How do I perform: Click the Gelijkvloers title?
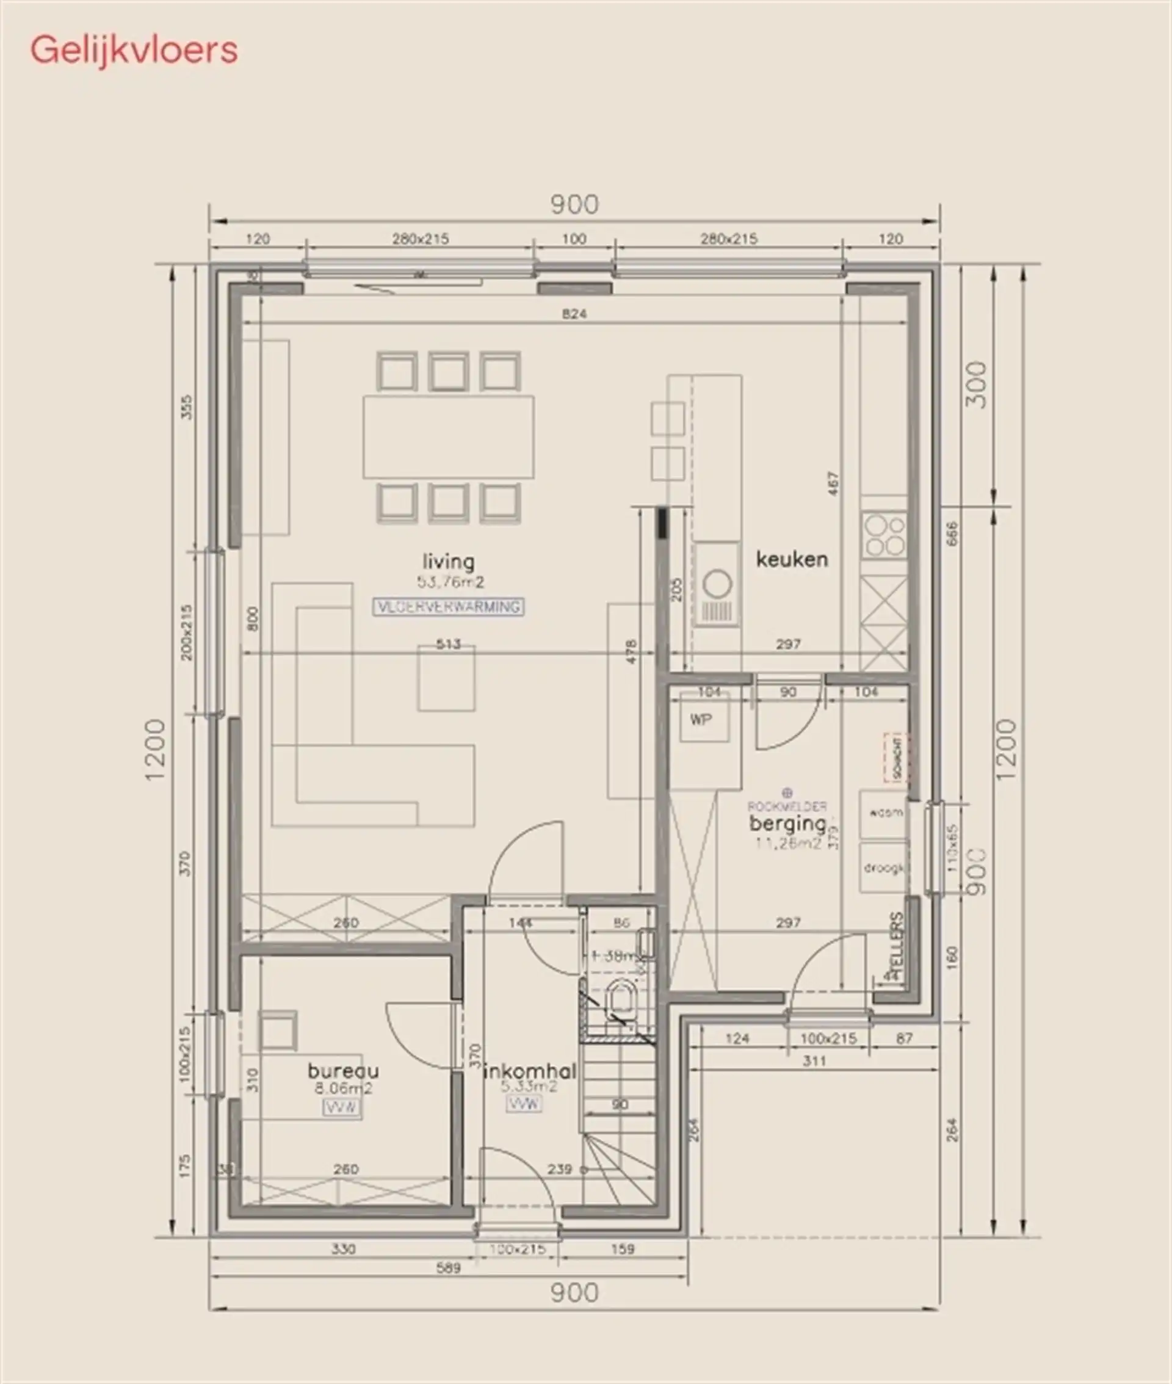[134, 51]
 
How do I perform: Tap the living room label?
[449, 562]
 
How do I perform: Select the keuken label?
[792, 559]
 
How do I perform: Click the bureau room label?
[343, 1070]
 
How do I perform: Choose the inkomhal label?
[529, 1071]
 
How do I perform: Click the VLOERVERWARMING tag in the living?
[449, 607]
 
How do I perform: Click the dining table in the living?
[449, 437]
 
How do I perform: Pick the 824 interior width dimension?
[574, 314]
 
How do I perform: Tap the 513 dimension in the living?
[449, 644]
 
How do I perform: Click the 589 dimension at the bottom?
[449, 1268]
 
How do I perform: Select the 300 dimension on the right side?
[976, 385]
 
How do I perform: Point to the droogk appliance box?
[884, 868]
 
